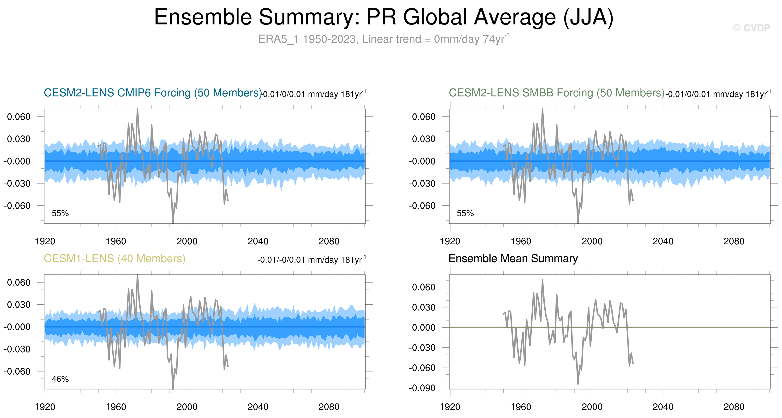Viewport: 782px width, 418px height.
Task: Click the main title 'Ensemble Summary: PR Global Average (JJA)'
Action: pos(384,17)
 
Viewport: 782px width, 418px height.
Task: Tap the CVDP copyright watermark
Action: pos(751,28)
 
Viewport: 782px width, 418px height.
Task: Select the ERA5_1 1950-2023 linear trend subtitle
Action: pos(384,39)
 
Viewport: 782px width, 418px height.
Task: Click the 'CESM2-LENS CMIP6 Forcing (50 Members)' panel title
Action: pos(153,93)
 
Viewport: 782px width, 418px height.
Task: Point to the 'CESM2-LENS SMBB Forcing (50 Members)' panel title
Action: pos(556,93)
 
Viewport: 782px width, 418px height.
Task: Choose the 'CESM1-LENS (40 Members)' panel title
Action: pos(114,259)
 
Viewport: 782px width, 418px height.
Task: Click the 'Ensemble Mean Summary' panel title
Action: pos(513,259)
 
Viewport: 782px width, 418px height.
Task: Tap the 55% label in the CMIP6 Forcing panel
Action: pos(60,213)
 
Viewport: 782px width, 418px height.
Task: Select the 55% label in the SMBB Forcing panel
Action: pos(465,213)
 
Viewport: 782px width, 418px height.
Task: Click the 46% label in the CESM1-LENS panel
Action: pos(60,379)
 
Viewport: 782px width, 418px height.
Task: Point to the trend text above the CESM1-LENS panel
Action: pos(312,260)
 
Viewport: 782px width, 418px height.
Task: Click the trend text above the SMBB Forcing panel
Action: pos(718,94)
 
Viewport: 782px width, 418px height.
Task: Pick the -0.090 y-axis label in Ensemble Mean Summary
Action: pos(422,388)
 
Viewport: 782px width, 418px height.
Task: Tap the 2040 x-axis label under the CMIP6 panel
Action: pos(258,241)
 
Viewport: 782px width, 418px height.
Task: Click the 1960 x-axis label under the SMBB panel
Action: pos(521,241)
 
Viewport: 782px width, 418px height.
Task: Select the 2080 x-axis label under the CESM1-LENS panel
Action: pos(329,407)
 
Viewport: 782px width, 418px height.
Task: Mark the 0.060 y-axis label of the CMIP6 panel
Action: pos(19,117)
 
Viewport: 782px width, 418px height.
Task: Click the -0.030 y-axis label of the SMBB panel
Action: pos(422,183)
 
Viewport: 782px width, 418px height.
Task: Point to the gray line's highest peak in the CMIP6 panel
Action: pos(138,109)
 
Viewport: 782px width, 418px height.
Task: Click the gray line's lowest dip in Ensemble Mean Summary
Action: pos(578,384)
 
